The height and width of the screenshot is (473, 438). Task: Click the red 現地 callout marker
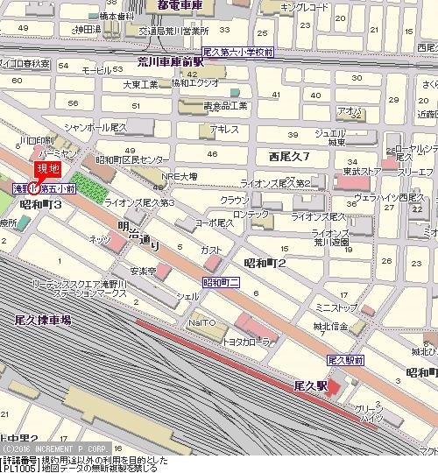pyautogui.click(x=46, y=170)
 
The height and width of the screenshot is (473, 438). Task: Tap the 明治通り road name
pyautogui.click(x=139, y=235)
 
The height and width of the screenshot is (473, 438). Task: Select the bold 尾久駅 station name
pyautogui.click(x=310, y=385)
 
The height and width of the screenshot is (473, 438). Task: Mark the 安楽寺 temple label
pyautogui.click(x=142, y=272)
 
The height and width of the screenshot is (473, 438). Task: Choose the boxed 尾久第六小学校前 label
pyautogui.click(x=237, y=53)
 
